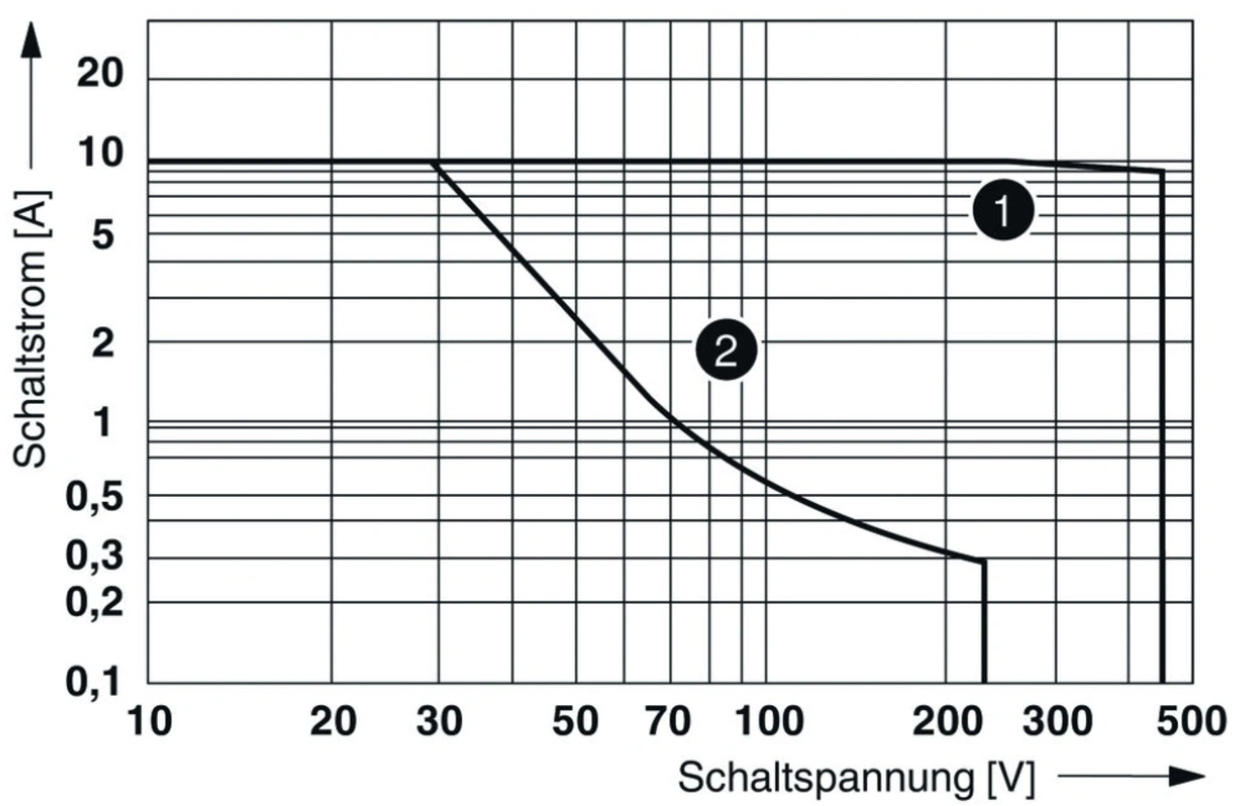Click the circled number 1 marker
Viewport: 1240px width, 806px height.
coord(1004,212)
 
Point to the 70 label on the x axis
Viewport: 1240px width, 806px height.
coord(667,722)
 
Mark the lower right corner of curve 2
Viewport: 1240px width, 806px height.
coord(984,561)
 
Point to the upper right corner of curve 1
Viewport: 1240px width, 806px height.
coord(1162,171)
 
